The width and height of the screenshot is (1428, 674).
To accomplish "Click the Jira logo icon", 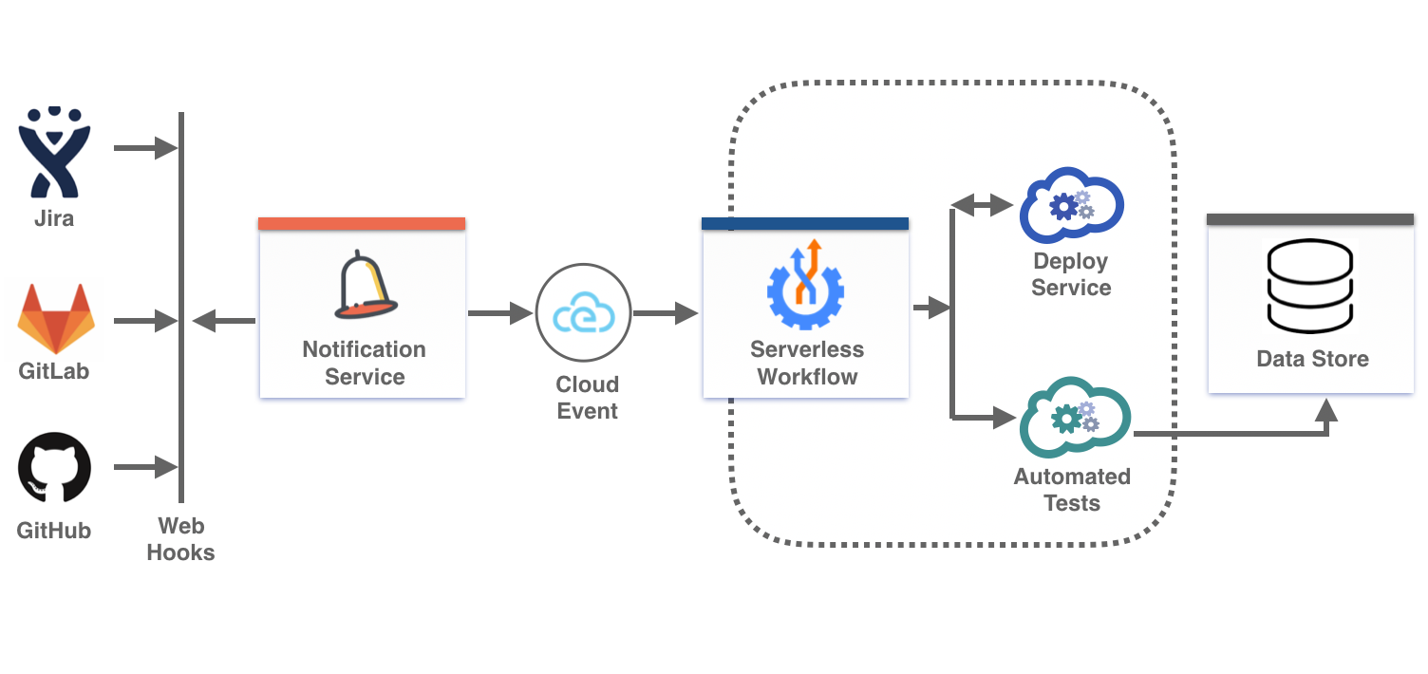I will click(54, 154).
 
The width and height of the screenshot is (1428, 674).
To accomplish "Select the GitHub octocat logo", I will click(55, 467).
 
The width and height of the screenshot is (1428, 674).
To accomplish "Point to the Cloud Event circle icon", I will click(583, 312).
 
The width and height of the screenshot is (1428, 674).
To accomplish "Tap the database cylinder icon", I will click(1311, 287).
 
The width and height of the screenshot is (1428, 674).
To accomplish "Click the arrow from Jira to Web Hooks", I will click(145, 148).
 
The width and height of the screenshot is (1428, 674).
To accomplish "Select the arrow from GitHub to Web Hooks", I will click(145, 467).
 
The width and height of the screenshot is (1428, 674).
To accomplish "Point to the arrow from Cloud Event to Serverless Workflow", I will click(667, 312).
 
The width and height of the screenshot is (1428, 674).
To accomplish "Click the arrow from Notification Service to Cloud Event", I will click(499, 312).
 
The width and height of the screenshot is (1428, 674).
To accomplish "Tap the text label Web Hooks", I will click(180, 539).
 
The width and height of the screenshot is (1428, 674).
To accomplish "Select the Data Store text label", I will click(1312, 359).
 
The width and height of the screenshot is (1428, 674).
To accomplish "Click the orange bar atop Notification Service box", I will click(362, 224).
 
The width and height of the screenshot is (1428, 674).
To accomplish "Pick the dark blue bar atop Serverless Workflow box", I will click(805, 224).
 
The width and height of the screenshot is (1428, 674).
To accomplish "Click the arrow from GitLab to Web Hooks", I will click(145, 321).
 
